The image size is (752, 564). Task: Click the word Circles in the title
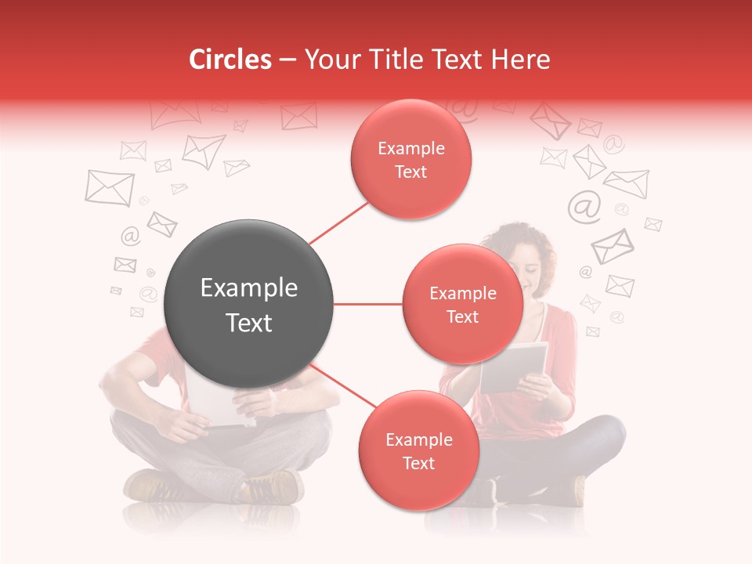[x=230, y=60]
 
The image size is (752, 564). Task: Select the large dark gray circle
[x=248, y=304]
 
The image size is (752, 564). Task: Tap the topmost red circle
[x=410, y=159]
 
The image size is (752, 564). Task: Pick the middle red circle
[x=462, y=304]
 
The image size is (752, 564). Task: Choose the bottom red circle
[x=418, y=450]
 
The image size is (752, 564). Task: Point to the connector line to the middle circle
[x=367, y=304]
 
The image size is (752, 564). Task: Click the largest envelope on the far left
[x=109, y=188]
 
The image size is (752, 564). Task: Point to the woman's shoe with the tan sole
[x=576, y=490]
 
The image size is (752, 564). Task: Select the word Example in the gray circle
[x=248, y=288]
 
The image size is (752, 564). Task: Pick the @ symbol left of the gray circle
[x=130, y=236]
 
